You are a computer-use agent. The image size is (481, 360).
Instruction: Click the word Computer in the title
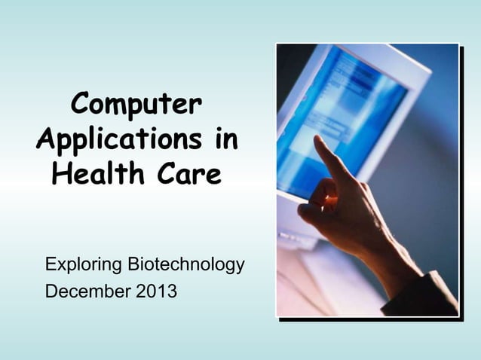[x=136, y=106]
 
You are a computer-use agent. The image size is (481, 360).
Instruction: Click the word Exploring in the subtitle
[x=84, y=265]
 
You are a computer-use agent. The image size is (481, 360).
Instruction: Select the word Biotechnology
[x=186, y=265]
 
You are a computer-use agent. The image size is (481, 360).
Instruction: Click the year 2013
[x=156, y=289]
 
